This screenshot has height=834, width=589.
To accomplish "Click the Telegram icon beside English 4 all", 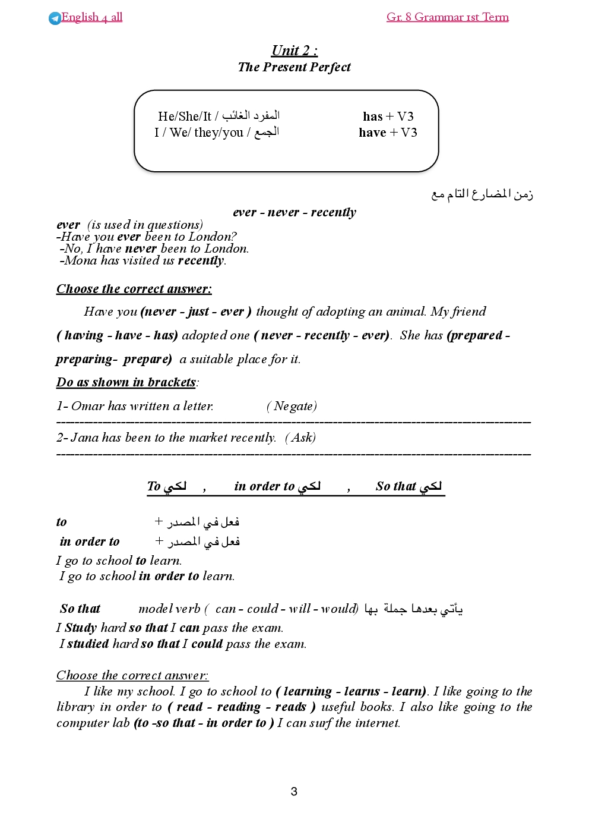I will coord(55,18).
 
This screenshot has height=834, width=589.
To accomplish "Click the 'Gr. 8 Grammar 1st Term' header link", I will coord(447,17).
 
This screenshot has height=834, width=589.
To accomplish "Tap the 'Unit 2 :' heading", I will coord(294,51).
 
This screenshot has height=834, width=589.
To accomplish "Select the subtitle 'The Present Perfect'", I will coord(294,67).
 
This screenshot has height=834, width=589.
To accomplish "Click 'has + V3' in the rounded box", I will coord(388,117).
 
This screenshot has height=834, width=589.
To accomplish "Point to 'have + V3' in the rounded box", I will coord(388,133).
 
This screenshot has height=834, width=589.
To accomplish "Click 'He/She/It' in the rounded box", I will coord(185,117).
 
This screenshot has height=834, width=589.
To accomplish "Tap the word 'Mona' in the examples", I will coord(81,260).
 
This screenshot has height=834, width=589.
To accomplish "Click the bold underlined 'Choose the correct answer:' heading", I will coord(134,289).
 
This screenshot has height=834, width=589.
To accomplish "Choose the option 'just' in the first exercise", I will coord(198,311).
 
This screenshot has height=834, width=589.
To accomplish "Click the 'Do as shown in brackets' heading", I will coord(126,382).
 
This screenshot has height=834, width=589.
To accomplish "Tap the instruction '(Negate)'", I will coord(292,406).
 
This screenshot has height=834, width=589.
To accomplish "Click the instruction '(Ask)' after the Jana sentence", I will coord(300,438).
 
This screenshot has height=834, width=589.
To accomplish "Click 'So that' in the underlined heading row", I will coord(395,486).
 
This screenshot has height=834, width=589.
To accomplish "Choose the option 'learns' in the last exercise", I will coord(362,691).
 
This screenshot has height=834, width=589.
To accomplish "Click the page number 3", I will coord(294,791).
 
